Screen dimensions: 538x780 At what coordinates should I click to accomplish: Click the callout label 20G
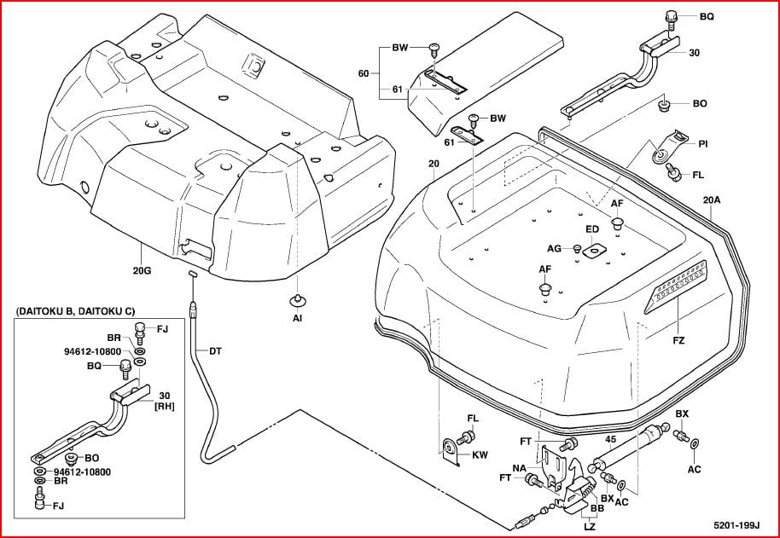click(x=142, y=271)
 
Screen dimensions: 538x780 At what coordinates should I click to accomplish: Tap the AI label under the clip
click(x=297, y=318)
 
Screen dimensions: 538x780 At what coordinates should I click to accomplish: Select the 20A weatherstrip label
click(x=712, y=200)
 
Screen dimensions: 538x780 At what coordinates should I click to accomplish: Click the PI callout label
click(x=703, y=144)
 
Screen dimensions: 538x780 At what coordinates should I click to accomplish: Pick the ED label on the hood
click(x=592, y=229)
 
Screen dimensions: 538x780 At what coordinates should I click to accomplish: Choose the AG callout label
click(x=555, y=248)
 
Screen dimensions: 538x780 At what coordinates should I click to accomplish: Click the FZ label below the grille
click(x=678, y=340)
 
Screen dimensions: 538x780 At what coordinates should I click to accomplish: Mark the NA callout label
click(x=519, y=468)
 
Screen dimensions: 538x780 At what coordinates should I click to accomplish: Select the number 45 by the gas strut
click(x=611, y=440)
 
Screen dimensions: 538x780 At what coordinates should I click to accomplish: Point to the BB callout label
click(x=597, y=507)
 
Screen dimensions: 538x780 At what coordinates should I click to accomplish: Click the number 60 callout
click(x=364, y=74)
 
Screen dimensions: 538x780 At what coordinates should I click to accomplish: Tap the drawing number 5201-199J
click(x=736, y=526)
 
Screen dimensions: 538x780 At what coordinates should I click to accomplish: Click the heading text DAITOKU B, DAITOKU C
click(x=75, y=313)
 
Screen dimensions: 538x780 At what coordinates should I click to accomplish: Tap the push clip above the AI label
click(x=297, y=299)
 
